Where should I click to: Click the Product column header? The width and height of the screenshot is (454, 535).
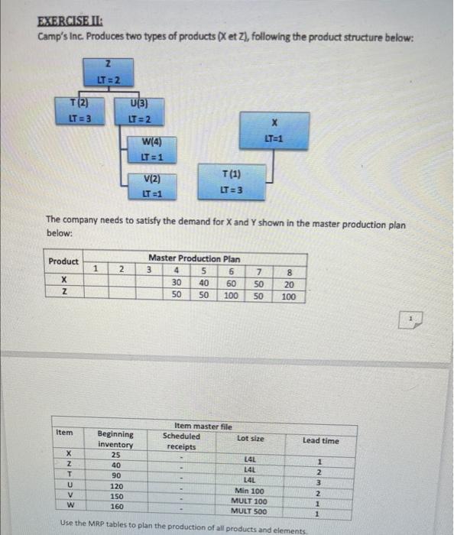pos(64,261)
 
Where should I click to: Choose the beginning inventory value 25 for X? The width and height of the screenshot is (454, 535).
pos(115,455)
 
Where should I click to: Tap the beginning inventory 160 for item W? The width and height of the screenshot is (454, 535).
pos(115,506)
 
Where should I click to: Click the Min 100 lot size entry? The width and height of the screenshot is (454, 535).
pos(248,490)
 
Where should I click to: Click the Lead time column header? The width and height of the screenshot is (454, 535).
pos(321,441)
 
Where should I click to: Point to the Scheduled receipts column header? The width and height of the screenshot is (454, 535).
pos(181,441)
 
